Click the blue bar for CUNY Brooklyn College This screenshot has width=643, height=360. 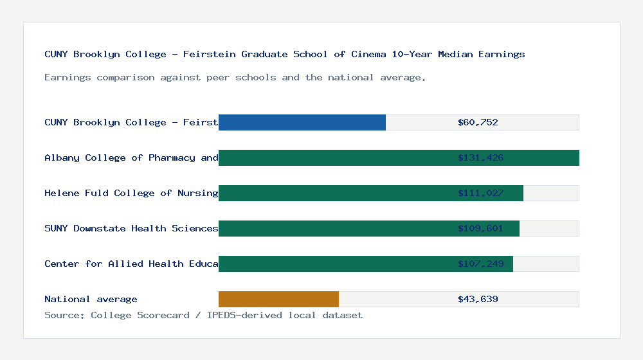click(x=302, y=122)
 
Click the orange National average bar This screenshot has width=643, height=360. click(x=278, y=299)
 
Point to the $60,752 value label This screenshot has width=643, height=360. click(x=478, y=122)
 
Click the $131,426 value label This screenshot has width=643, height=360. click(x=480, y=157)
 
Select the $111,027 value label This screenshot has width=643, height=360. click(x=480, y=193)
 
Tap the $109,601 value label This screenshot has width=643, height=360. click(x=480, y=228)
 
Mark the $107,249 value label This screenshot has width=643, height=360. click(x=480, y=264)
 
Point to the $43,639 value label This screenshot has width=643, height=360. click(x=478, y=299)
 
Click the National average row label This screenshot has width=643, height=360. click(x=91, y=299)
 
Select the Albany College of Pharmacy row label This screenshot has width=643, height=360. click(x=131, y=157)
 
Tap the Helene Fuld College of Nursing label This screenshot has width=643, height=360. click(x=131, y=193)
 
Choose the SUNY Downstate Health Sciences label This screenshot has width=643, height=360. click(x=131, y=228)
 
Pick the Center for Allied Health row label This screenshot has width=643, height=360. click(x=131, y=264)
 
